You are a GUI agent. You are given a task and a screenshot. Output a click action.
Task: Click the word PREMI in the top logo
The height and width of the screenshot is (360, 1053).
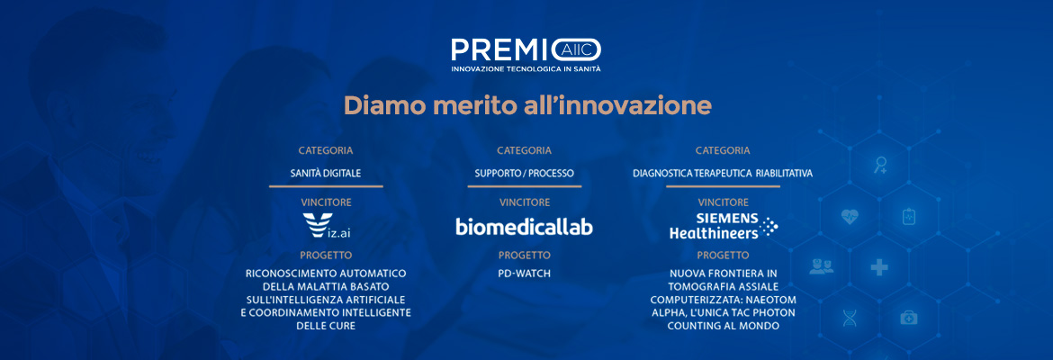click(x=500, y=49)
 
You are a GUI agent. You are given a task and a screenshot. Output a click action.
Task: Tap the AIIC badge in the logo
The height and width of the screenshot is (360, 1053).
click(x=576, y=49)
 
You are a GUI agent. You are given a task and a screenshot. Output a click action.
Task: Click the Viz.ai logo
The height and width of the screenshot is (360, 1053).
click(x=327, y=226)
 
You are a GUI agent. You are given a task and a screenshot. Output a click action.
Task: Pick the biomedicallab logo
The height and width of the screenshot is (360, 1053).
click(x=525, y=226)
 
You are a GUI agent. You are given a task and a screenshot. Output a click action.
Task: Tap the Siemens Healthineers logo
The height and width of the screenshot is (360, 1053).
click(x=724, y=226)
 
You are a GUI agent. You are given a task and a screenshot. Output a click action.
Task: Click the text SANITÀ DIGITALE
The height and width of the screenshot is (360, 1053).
click(x=326, y=174)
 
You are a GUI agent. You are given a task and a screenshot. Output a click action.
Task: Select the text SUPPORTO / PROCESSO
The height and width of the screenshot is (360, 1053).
click(x=525, y=174)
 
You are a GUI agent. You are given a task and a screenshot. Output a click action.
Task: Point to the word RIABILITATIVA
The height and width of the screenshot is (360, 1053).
click(x=784, y=174)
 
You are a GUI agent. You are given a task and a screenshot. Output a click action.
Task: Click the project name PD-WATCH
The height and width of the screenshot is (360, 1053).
click(x=525, y=274)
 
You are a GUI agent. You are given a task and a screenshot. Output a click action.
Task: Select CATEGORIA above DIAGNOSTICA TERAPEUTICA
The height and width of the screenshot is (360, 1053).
click(x=723, y=150)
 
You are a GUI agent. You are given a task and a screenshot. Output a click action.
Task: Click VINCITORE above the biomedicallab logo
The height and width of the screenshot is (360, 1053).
click(x=525, y=202)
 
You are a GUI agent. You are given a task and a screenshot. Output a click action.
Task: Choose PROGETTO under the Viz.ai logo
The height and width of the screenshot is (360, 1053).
click(x=326, y=256)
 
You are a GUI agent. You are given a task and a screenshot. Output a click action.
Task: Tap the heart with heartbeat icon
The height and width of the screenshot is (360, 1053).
click(x=850, y=217)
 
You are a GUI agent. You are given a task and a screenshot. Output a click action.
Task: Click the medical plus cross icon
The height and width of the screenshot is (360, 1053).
click(x=879, y=268)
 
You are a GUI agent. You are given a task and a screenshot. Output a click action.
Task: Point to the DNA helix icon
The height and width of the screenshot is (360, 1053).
click(x=850, y=318)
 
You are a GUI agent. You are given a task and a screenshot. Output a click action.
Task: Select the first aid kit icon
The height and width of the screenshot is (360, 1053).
click(x=909, y=317)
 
